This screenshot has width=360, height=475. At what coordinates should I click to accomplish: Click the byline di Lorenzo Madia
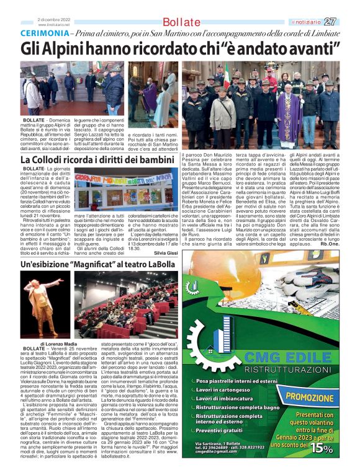(61, 343)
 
